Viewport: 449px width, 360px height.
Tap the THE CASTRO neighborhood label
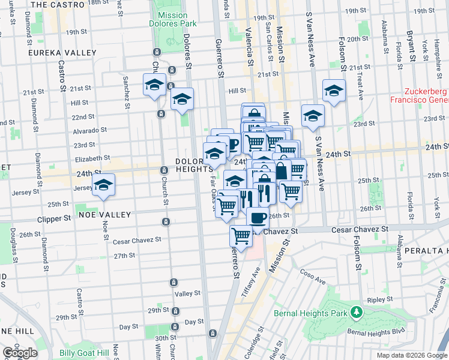[55, 4]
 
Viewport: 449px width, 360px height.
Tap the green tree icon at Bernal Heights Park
[357, 312]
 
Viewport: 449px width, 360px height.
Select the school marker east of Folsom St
[334, 91]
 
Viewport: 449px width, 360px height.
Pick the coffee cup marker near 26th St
[258, 218]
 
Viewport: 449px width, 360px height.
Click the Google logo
[20, 353]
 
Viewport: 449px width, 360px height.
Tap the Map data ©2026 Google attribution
[411, 355]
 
